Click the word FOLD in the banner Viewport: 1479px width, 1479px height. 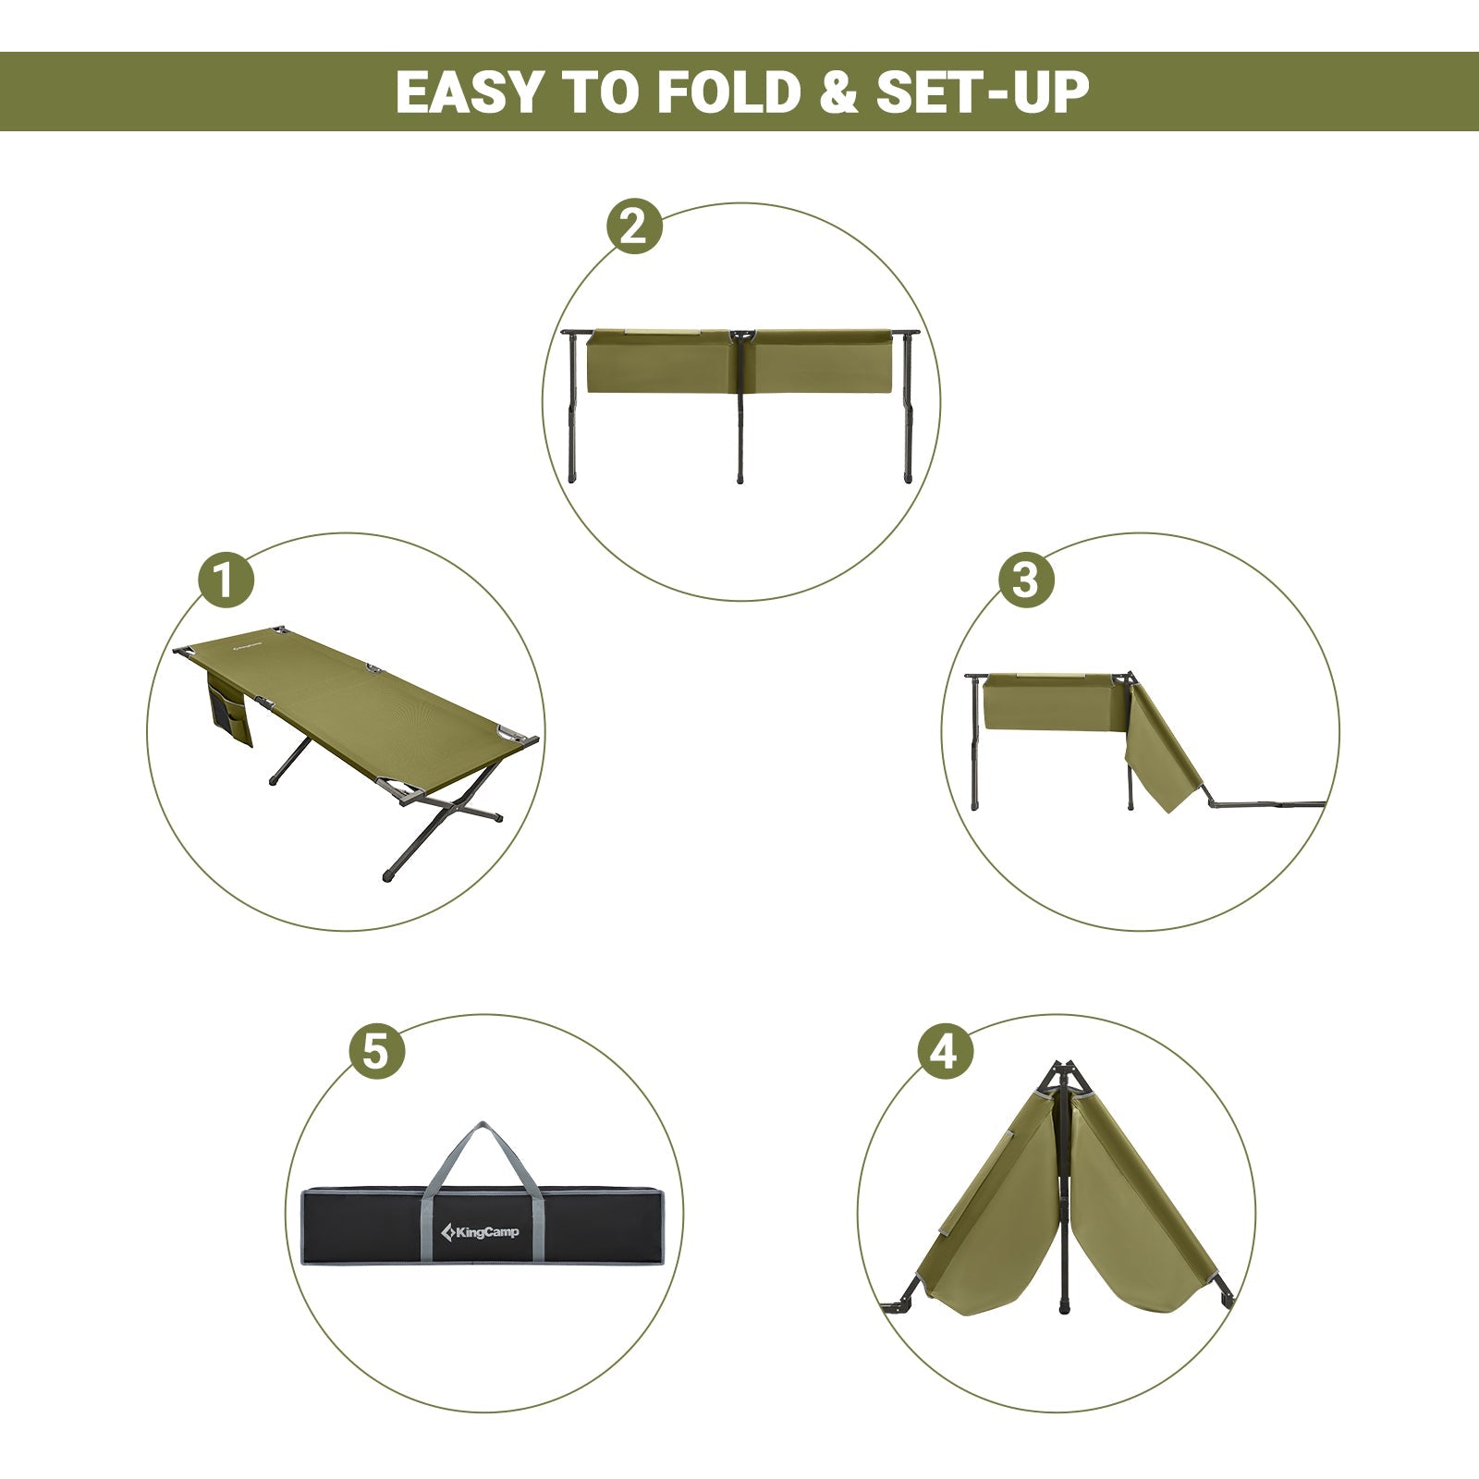pos(731,92)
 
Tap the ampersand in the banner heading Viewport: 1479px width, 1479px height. pos(838,93)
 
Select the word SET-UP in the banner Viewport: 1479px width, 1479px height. pos(983,92)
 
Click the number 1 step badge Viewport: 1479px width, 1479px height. pos(226,581)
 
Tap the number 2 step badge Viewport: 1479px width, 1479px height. pos(634,226)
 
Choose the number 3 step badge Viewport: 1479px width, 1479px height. pos(1025,581)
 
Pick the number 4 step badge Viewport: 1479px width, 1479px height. pos(945,1051)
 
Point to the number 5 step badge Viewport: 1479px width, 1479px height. pos(376,1051)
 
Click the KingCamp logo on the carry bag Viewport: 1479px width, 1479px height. pos(480,1231)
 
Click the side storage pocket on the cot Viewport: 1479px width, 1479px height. pos(228,712)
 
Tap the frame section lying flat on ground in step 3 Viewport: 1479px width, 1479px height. pos(1266,805)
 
